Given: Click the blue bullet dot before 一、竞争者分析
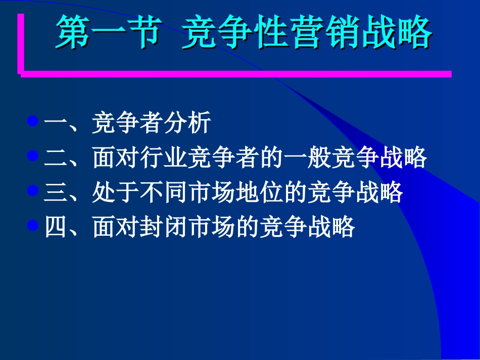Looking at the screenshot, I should point(33,122).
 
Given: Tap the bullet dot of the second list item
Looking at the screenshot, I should point(33,156).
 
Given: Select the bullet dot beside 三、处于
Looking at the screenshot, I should point(33,190).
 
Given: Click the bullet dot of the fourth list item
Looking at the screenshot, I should point(33,225).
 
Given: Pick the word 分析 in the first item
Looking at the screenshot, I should point(186,124).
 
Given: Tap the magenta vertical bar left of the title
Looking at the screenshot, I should point(21,43).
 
